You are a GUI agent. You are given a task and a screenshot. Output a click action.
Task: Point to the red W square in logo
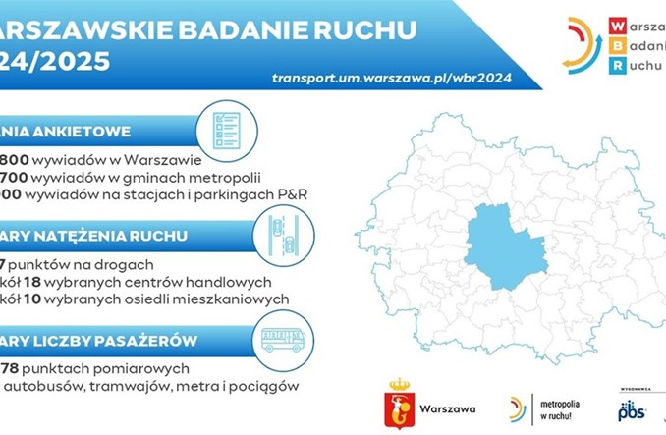[616, 26]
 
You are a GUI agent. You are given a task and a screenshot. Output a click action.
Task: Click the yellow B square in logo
[616, 45]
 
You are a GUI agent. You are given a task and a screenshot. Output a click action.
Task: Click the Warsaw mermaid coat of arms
[399, 406]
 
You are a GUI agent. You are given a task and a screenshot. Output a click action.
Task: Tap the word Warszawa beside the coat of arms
[448, 407]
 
